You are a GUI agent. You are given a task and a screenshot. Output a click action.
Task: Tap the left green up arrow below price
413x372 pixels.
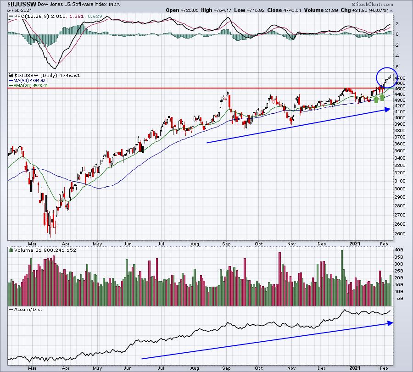pos(376,99)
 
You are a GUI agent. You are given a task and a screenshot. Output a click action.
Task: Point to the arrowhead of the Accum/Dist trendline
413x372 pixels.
pos(390,323)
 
